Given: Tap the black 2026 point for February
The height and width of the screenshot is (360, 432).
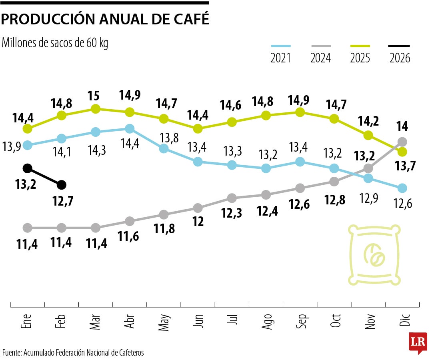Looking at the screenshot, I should (61, 184).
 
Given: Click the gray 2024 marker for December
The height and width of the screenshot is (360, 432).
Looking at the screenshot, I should (402, 142).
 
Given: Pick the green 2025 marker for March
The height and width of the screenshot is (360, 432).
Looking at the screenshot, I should (95, 109).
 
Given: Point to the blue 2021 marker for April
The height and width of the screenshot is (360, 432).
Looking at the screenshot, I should (129, 128).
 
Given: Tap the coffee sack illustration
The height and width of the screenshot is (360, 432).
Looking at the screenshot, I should (374, 256).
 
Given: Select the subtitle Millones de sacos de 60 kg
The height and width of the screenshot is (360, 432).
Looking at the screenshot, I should (55, 42).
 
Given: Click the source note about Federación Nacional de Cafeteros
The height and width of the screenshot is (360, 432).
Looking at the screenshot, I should (73, 352).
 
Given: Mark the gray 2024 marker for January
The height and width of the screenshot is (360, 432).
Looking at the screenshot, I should (27, 228).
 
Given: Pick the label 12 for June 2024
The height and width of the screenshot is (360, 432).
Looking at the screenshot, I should (198, 221).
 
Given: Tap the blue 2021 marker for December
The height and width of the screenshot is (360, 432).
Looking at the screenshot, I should (402, 188).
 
